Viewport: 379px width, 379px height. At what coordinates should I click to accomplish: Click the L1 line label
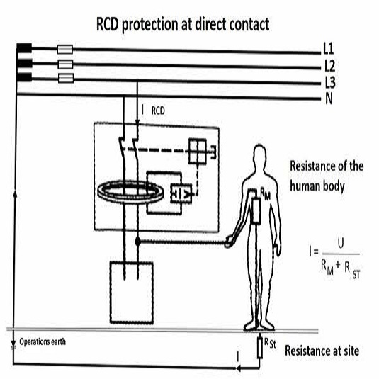tap(329, 48)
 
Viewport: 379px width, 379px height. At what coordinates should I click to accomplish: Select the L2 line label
tap(329, 66)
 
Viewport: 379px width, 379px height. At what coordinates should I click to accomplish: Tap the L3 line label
tap(329, 82)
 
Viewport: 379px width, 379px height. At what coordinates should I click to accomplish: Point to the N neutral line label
tap(329, 98)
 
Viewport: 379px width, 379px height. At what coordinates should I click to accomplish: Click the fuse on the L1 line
tap(65, 50)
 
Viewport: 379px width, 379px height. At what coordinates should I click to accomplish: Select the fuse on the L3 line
tap(66, 78)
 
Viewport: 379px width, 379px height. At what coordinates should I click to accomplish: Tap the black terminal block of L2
tap(25, 63)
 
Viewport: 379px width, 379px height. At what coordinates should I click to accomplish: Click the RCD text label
tap(158, 111)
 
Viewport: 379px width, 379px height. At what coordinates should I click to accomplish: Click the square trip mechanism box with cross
tap(198, 152)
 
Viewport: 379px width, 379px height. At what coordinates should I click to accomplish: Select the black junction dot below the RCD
tap(137, 241)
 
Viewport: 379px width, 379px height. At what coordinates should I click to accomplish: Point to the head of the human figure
tap(259, 157)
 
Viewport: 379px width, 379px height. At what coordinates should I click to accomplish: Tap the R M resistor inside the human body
tap(256, 211)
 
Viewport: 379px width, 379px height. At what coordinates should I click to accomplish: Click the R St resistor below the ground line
tap(260, 348)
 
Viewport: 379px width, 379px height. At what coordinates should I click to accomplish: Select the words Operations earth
tap(43, 341)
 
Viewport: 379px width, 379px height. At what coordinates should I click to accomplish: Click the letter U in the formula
tap(341, 243)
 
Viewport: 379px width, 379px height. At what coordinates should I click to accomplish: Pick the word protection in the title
tap(150, 24)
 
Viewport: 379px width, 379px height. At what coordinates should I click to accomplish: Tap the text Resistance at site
tap(322, 351)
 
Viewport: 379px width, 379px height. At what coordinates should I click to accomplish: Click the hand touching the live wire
tap(230, 242)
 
